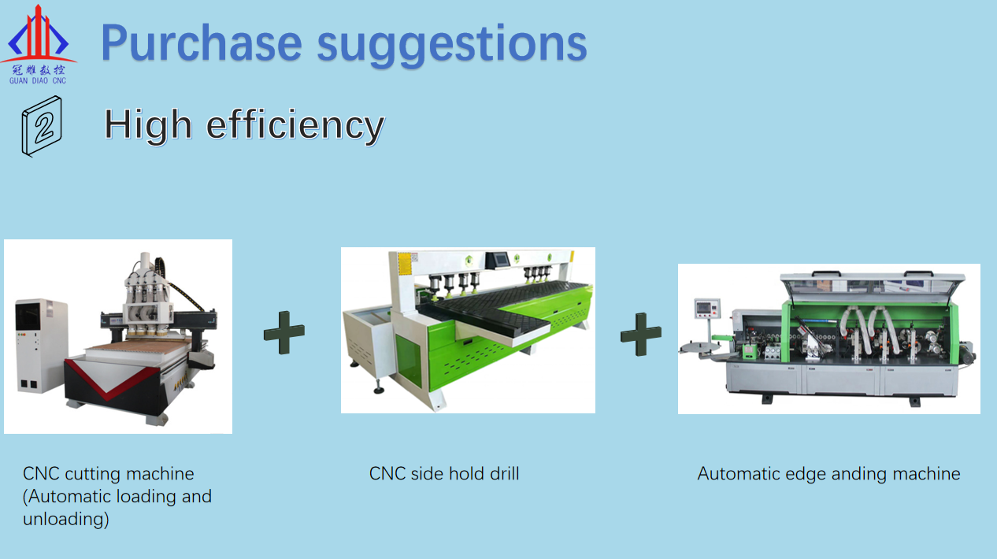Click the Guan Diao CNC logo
(x=39, y=45)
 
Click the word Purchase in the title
(x=202, y=43)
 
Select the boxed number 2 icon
(x=42, y=126)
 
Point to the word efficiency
(x=295, y=127)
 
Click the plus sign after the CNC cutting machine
(x=284, y=333)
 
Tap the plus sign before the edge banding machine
(x=641, y=335)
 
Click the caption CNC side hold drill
(x=444, y=473)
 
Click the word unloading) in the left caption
(x=66, y=520)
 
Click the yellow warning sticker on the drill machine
(x=404, y=264)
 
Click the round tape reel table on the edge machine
(x=699, y=349)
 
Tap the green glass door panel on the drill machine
(x=408, y=360)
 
